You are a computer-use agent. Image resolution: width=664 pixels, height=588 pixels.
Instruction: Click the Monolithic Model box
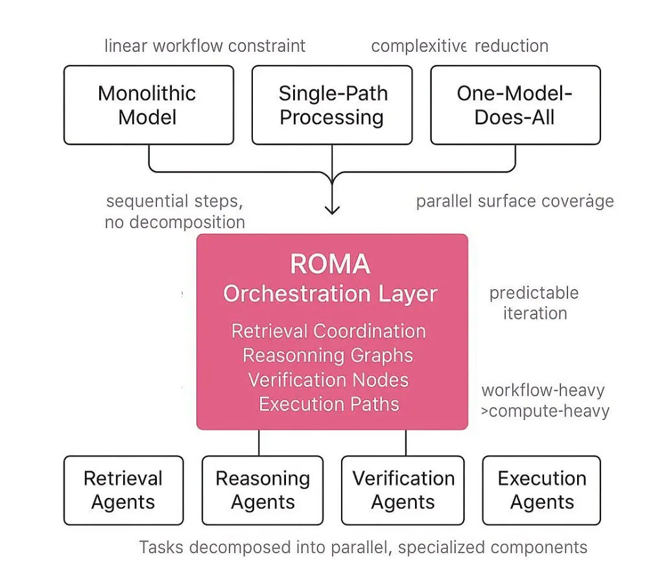pyautogui.click(x=148, y=104)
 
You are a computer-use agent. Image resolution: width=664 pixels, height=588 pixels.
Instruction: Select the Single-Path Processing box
pyautogui.click(x=331, y=104)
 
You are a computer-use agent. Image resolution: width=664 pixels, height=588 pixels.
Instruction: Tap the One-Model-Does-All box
pyautogui.click(x=515, y=104)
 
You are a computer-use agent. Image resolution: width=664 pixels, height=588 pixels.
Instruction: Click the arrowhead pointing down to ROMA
pyautogui.click(x=332, y=209)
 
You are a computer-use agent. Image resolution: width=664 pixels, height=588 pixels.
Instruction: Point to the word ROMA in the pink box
pyautogui.click(x=330, y=265)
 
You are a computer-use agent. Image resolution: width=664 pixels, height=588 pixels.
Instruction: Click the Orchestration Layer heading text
pyautogui.click(x=330, y=294)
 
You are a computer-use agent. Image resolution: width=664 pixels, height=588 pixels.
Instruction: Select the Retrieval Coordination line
pyautogui.click(x=329, y=331)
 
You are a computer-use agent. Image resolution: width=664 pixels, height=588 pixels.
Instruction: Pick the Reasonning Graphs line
pyautogui.click(x=328, y=355)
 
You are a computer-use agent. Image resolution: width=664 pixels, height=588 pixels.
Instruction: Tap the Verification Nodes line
pyautogui.click(x=329, y=380)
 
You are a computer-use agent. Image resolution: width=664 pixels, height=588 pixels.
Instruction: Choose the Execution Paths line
pyautogui.click(x=329, y=405)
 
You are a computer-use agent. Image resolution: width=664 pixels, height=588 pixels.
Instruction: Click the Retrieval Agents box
pyautogui.click(x=123, y=490)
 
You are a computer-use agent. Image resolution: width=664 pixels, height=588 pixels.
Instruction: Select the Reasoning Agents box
pyautogui.click(x=263, y=490)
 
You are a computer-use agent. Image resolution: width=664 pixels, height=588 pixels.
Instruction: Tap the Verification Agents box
pyautogui.click(x=403, y=490)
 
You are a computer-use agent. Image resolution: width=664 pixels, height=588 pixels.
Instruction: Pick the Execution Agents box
pyautogui.click(x=541, y=490)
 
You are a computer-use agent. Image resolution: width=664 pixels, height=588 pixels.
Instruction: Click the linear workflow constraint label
pyautogui.click(x=205, y=46)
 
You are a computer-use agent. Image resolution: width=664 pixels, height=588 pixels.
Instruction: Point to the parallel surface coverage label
pyautogui.click(x=515, y=201)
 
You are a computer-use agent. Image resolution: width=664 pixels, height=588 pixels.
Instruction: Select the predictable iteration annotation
pyautogui.click(x=534, y=303)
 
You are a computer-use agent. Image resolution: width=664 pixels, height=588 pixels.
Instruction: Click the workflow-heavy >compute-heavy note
pyautogui.click(x=545, y=401)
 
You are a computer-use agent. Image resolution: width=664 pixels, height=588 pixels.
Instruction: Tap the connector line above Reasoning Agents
pyautogui.click(x=259, y=442)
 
